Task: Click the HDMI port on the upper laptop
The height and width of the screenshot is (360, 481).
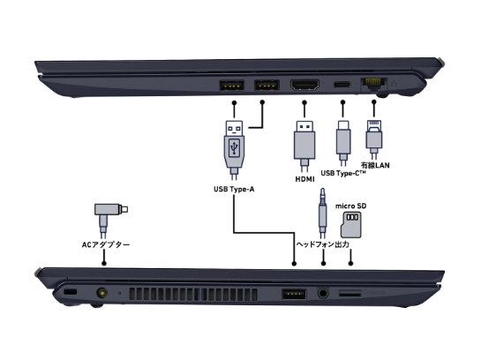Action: [x=305, y=86]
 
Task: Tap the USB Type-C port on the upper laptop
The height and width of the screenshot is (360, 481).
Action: [x=342, y=86]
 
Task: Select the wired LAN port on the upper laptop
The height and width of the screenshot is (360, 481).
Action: [x=375, y=86]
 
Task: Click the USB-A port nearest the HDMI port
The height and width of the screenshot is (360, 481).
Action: [x=265, y=86]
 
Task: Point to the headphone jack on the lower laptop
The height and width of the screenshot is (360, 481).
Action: [x=324, y=292]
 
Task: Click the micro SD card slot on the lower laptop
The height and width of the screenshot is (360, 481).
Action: [x=352, y=292]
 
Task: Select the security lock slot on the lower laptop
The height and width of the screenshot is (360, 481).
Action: [x=69, y=292]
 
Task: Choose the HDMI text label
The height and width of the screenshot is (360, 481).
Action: [x=304, y=180]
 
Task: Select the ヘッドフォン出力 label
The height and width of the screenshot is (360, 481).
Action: [x=324, y=244]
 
